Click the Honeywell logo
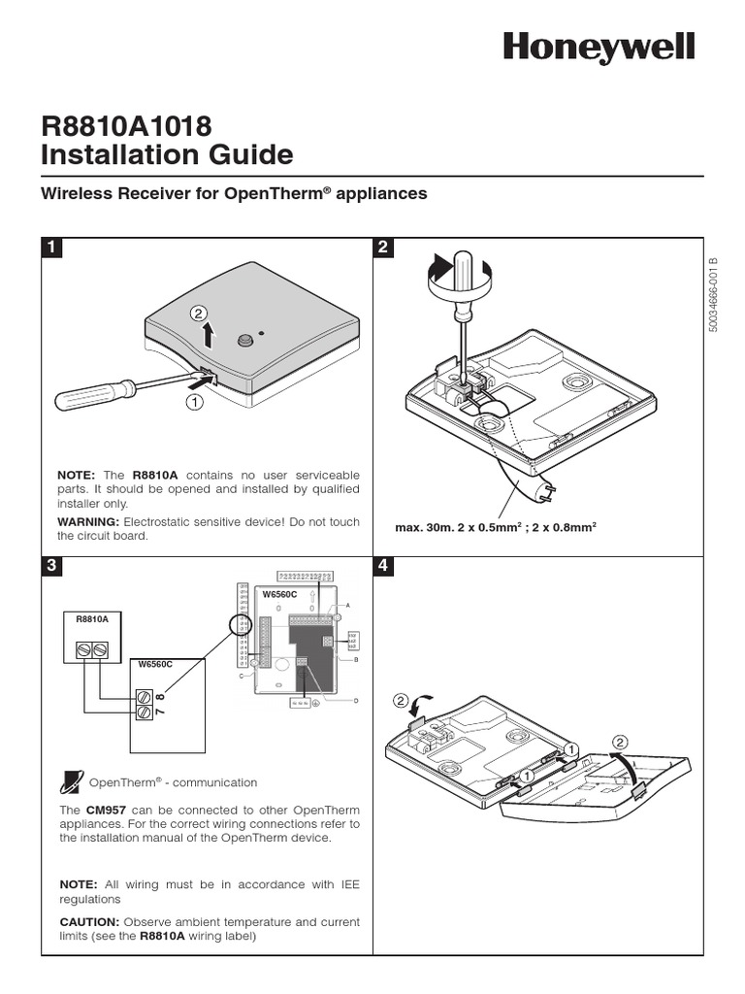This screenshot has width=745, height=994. [x=598, y=47]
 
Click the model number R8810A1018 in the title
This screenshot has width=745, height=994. [x=126, y=126]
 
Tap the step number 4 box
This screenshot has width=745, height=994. [x=383, y=566]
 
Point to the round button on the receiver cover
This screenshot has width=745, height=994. [x=244, y=340]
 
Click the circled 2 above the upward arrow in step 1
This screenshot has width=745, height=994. [x=199, y=313]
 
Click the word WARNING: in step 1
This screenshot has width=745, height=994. [x=88, y=522]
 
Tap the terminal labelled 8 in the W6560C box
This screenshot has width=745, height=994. [x=145, y=696]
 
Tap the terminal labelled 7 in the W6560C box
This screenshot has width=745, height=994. [x=145, y=712]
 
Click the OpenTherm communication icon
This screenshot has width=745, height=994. [x=71, y=780]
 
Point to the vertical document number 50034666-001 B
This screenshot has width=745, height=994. [x=713, y=296]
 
